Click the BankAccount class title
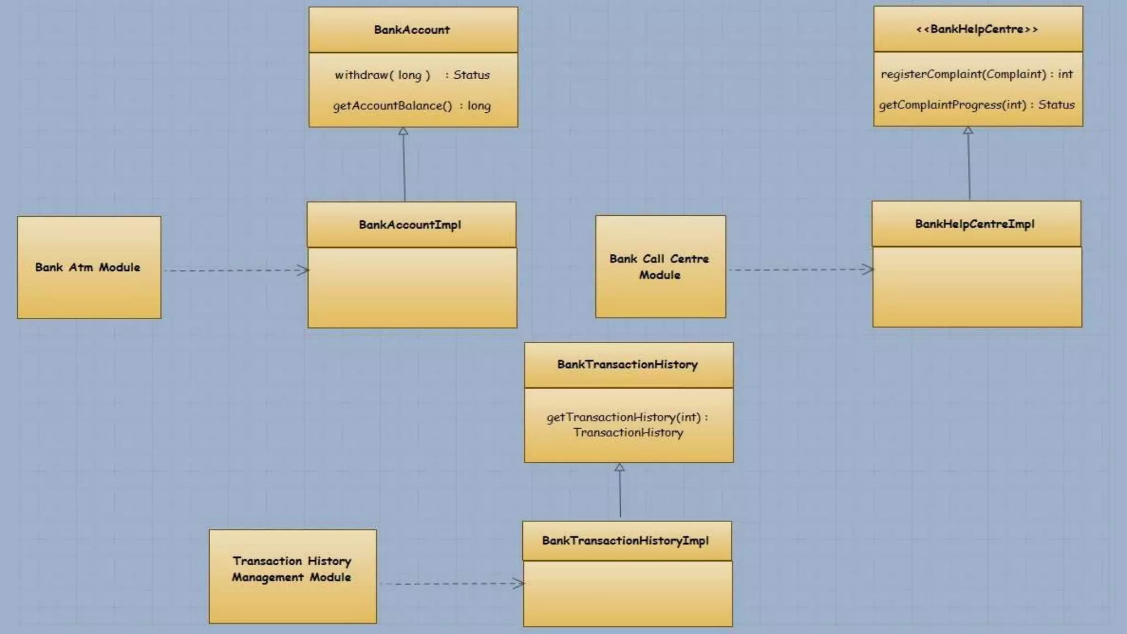tap(412, 30)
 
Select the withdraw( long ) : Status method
tap(412, 75)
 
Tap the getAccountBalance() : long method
tap(412, 106)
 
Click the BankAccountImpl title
tap(410, 225)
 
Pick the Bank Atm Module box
tap(89, 267)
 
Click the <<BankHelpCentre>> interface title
tap(977, 29)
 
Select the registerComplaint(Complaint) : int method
tap(977, 74)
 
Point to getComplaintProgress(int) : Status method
tap(977, 105)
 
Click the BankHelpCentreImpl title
tap(975, 224)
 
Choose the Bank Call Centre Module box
tap(660, 267)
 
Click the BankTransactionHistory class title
tap(628, 364)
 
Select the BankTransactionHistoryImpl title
tap(626, 540)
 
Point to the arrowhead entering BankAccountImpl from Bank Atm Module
tap(303, 270)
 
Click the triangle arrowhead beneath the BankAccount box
tap(403, 132)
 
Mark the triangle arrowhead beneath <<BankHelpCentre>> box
tap(968, 130)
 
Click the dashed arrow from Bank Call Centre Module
tap(801, 270)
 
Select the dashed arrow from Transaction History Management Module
tap(451, 583)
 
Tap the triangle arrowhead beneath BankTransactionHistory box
tap(620, 467)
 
